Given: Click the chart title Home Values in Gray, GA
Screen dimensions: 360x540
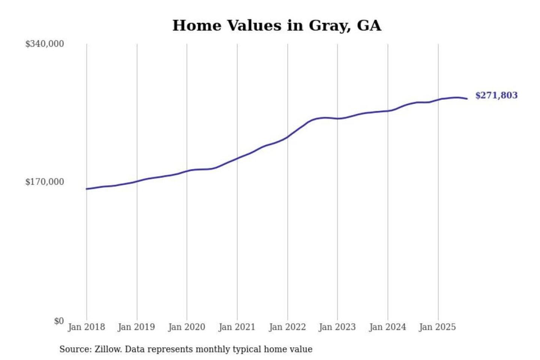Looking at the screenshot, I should (277, 25).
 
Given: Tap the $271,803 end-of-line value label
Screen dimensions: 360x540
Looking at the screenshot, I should (496, 95).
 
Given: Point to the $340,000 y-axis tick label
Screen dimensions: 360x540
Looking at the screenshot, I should (45, 44).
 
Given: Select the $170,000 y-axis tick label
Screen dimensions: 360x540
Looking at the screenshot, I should (45, 182).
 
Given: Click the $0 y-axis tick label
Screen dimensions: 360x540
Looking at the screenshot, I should (59, 321).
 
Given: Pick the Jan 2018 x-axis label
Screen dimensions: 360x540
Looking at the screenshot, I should (86, 327).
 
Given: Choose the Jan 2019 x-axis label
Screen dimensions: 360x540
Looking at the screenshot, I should (136, 327).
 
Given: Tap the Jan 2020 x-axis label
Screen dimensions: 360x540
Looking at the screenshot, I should (186, 327).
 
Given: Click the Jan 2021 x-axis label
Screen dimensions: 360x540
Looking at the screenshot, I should (237, 327).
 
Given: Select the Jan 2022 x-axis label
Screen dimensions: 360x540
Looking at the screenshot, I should (287, 327).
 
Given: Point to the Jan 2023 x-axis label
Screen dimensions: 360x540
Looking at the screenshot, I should (337, 327).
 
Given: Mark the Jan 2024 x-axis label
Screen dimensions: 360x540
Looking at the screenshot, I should (387, 327).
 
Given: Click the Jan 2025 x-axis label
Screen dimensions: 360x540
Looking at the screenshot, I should (437, 327).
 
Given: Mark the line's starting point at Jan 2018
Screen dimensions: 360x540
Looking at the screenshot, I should (87, 189).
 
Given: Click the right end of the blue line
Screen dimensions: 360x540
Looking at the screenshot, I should (467, 99).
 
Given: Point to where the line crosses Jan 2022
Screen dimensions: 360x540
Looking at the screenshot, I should (288, 137).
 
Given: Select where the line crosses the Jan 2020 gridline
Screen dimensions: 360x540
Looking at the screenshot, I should (187, 171).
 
